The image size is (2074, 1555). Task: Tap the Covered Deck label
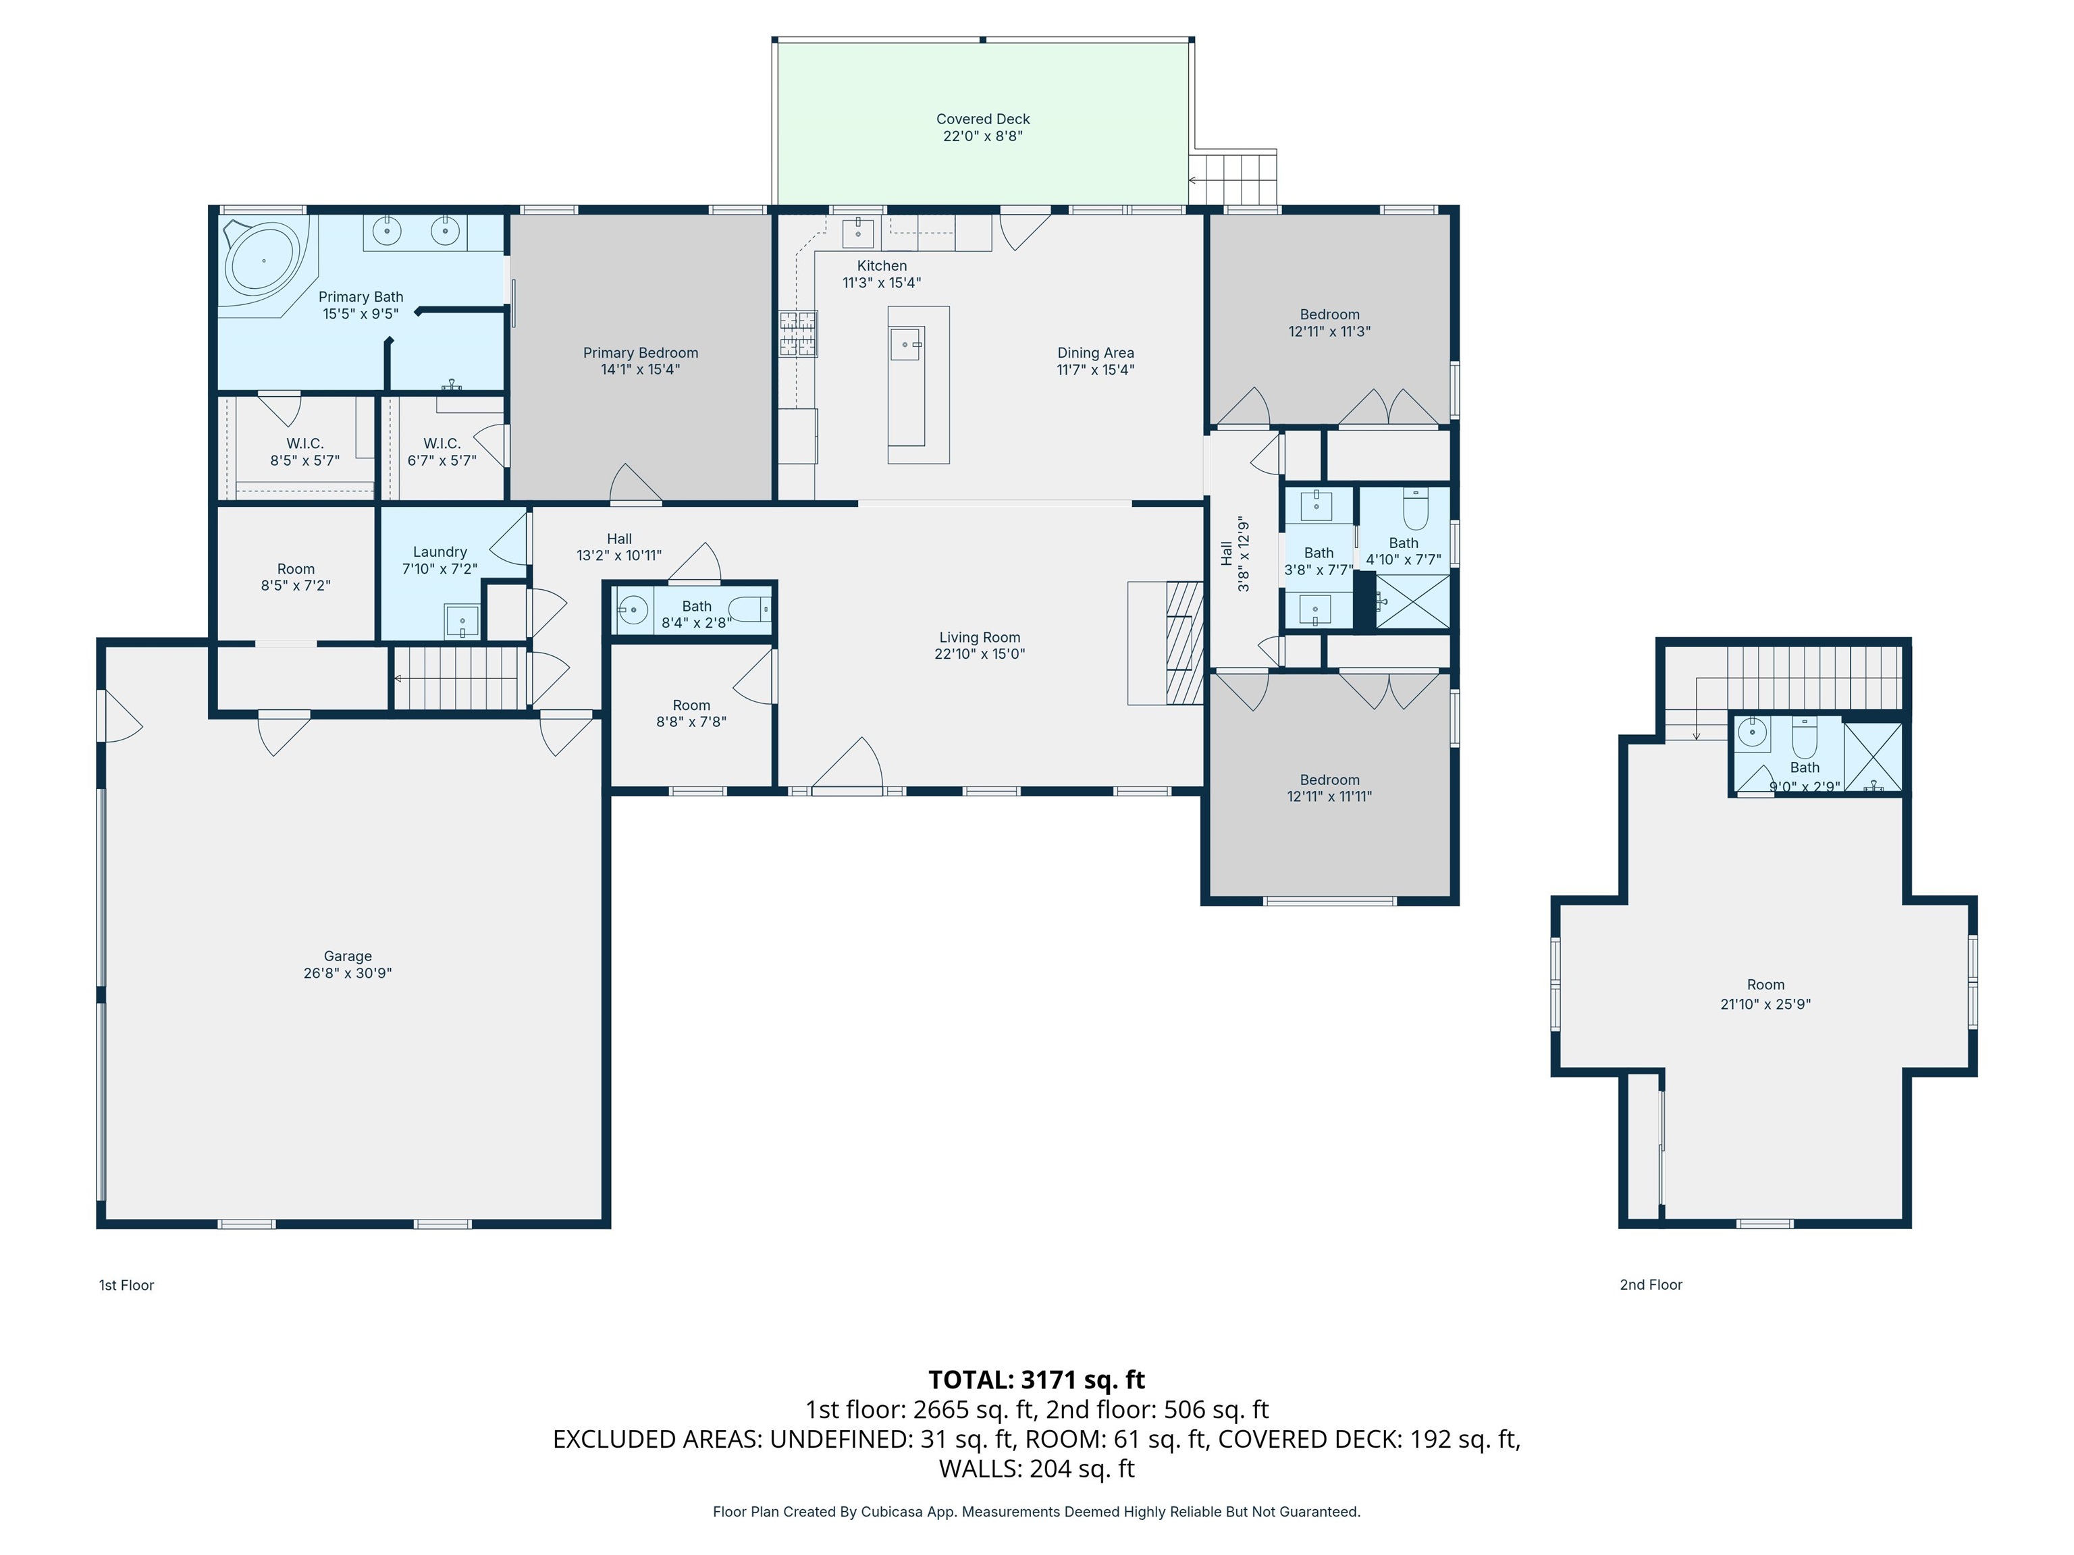[x=982, y=119]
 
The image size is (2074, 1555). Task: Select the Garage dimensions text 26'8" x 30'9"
[x=347, y=973]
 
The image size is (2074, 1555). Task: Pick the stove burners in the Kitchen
[x=798, y=333]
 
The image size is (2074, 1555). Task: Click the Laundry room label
[x=440, y=552]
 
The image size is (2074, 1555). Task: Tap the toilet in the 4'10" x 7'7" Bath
[x=1415, y=511]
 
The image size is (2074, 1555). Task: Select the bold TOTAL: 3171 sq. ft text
[x=1036, y=1380]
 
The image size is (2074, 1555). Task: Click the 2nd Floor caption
[x=1650, y=1285]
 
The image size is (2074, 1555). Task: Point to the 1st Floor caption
[x=126, y=1285]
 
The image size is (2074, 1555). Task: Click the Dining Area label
[x=1095, y=354]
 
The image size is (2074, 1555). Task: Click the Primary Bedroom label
[x=641, y=354]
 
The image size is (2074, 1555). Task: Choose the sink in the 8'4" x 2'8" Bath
[x=633, y=611]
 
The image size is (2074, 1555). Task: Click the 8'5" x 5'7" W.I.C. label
[x=304, y=443]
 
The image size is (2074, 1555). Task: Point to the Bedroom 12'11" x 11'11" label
[x=1329, y=780]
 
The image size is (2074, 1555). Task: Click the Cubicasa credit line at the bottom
[x=1036, y=1512]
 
